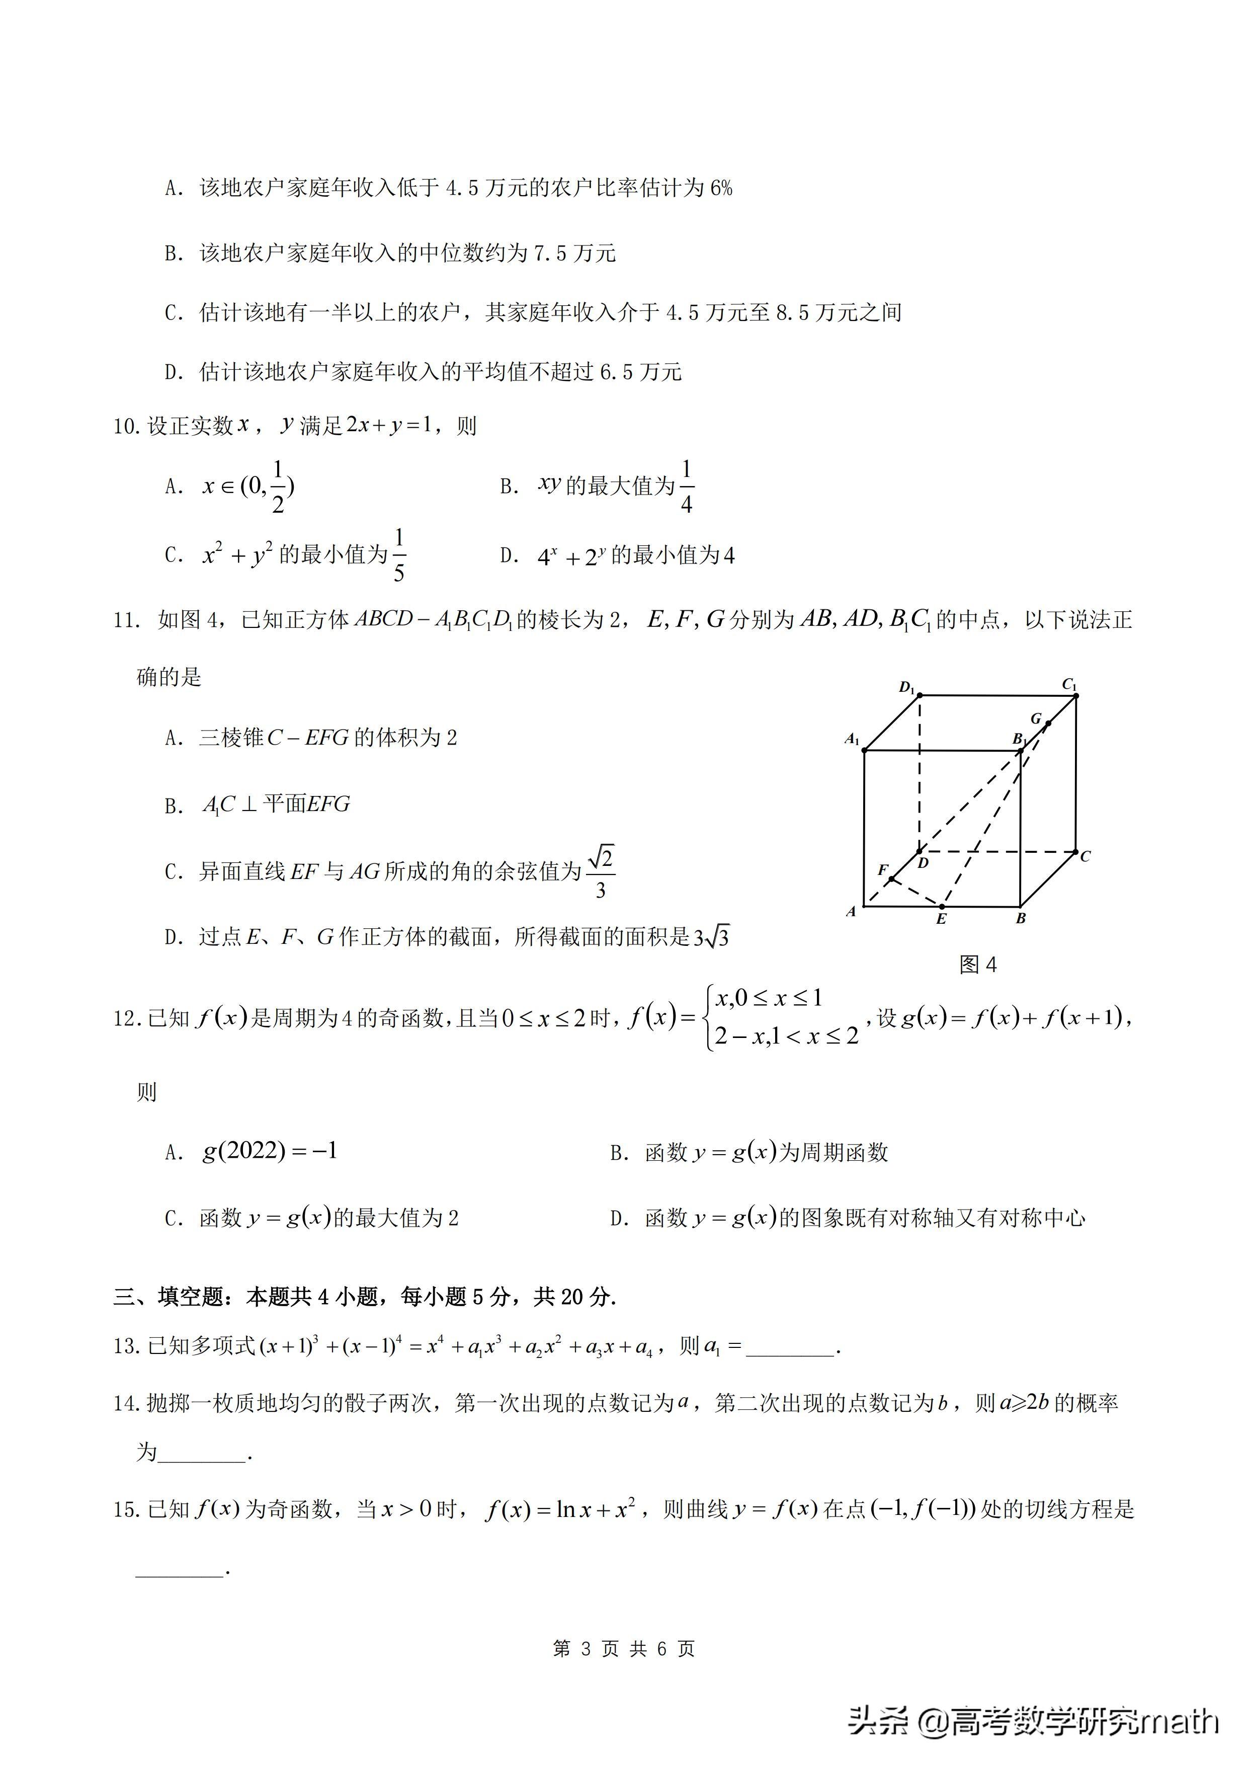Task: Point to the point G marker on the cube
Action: pos(1048,724)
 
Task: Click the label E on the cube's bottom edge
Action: pos(941,919)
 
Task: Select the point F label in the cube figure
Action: pos(883,869)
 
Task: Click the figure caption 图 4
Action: pos(977,965)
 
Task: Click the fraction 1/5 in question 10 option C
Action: pos(399,554)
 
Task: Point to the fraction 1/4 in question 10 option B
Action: pos(686,487)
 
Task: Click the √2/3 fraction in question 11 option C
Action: pos(600,872)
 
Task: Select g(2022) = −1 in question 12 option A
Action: pos(270,1151)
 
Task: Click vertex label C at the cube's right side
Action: pos(1085,856)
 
